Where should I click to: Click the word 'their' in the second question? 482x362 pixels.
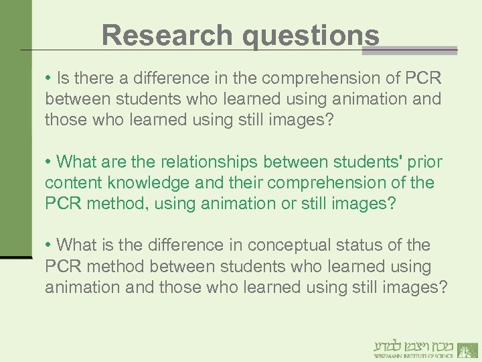coord(248,182)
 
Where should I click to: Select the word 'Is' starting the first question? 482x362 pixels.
coord(64,77)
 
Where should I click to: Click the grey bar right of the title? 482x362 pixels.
coord(418,50)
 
